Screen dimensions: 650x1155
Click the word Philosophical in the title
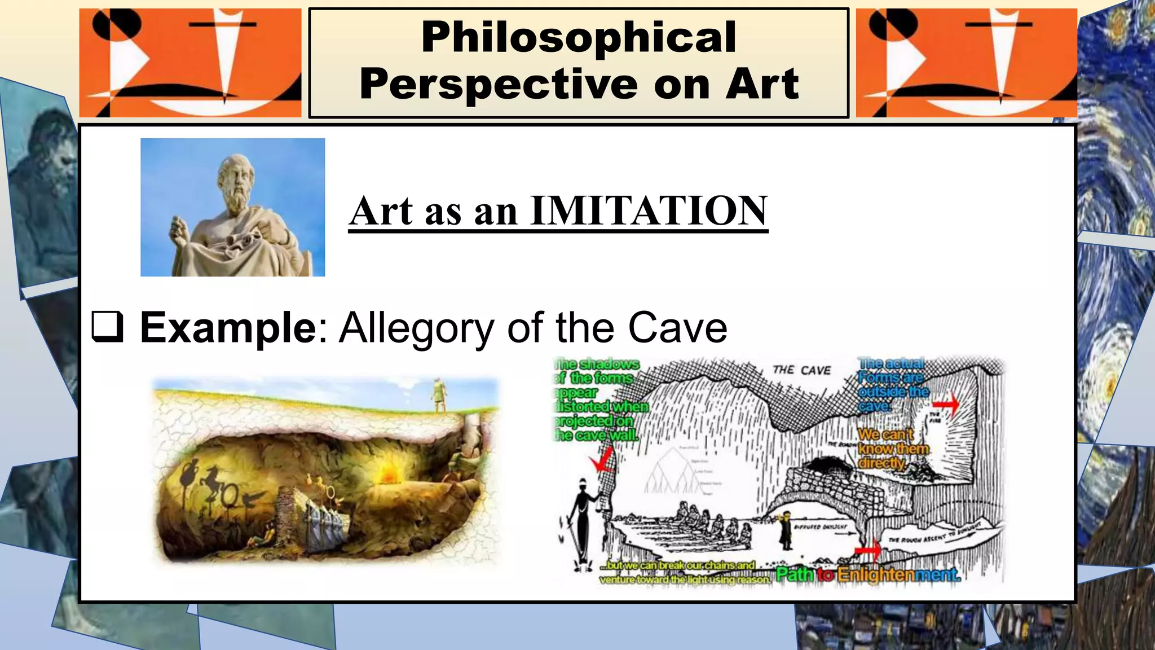579,37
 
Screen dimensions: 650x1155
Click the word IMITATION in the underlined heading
649,210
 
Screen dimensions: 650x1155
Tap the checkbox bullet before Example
107,327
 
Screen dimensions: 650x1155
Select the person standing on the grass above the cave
438,395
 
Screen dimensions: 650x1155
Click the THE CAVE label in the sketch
801,370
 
